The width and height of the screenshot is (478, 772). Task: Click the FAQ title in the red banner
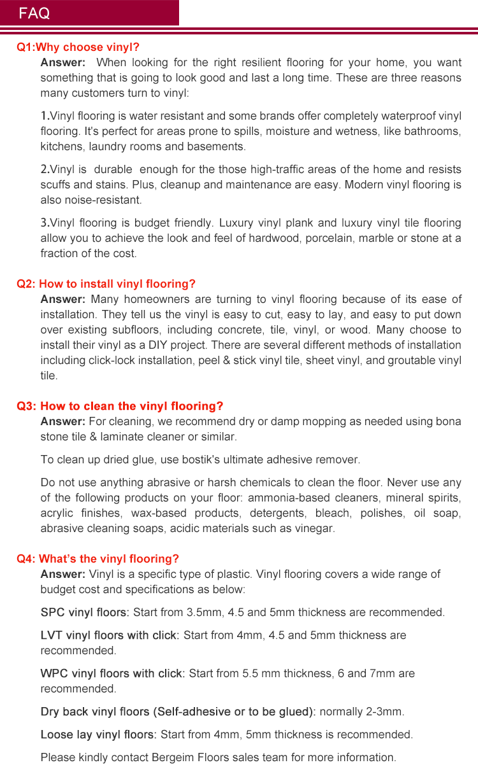(34, 14)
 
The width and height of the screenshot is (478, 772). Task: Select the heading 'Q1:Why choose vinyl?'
(78, 47)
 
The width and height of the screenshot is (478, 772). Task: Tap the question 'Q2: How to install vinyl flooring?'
(106, 284)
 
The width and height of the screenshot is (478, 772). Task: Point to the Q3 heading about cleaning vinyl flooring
(120, 406)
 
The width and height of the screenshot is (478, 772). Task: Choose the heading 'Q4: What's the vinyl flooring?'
(98, 559)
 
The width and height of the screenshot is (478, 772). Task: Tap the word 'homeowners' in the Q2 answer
(153, 299)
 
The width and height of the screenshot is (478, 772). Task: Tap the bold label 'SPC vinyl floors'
(84, 612)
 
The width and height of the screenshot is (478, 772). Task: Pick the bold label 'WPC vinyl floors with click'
(112, 673)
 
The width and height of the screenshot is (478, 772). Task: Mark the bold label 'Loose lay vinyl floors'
(98, 734)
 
